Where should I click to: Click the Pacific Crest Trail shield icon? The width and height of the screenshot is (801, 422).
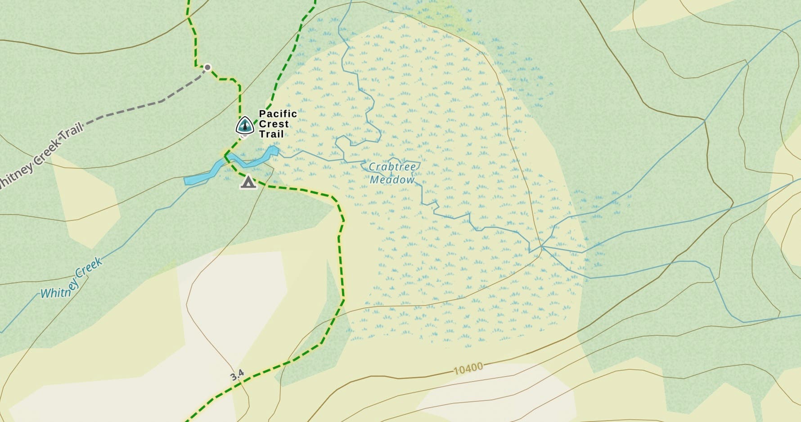click(245, 126)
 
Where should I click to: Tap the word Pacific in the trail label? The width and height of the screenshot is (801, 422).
click(278, 114)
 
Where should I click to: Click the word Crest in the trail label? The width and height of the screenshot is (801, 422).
click(274, 124)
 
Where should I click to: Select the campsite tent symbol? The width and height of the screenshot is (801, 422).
click(248, 182)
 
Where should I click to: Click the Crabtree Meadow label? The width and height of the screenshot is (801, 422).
click(392, 173)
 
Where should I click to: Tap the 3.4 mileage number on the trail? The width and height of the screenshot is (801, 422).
click(237, 375)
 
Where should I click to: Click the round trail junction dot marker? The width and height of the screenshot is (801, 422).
click(207, 67)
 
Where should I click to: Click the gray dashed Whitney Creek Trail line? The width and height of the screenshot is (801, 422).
click(135, 108)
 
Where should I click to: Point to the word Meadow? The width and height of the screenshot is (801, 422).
click(392, 180)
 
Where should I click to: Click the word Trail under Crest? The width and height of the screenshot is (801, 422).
click(271, 134)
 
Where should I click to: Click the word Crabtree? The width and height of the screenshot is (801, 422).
click(392, 167)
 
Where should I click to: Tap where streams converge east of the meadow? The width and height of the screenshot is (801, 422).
click(542, 247)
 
